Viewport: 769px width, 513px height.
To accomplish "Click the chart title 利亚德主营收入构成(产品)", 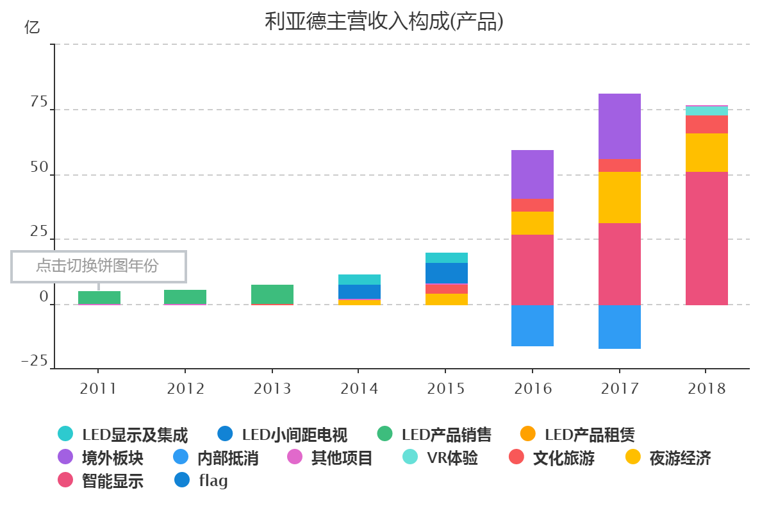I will tap(384, 21).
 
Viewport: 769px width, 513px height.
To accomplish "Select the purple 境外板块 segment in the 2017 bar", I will tap(619, 126).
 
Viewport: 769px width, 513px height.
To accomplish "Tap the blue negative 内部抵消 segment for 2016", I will tap(532, 325).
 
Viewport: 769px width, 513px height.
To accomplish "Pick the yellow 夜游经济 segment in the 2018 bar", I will tap(706, 153).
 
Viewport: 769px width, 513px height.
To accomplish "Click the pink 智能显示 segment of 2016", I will tap(532, 269).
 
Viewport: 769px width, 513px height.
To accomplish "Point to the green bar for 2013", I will tap(272, 294).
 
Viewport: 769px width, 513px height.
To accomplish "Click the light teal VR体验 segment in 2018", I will tap(706, 111).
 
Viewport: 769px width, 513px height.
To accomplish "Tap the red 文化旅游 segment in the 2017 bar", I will tap(619, 165).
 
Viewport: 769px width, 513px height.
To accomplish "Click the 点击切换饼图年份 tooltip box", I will tap(98, 266).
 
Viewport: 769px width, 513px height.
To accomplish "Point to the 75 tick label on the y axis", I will tap(38, 103).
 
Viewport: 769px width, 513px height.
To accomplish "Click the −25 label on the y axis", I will tap(36, 362).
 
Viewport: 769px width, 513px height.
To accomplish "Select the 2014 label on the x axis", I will tap(359, 389).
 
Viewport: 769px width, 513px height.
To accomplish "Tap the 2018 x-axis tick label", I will tap(706, 389).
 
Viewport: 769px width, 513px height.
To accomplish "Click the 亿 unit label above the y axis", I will tap(32, 27).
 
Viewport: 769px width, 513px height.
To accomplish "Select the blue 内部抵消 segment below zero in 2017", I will tap(619, 326).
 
